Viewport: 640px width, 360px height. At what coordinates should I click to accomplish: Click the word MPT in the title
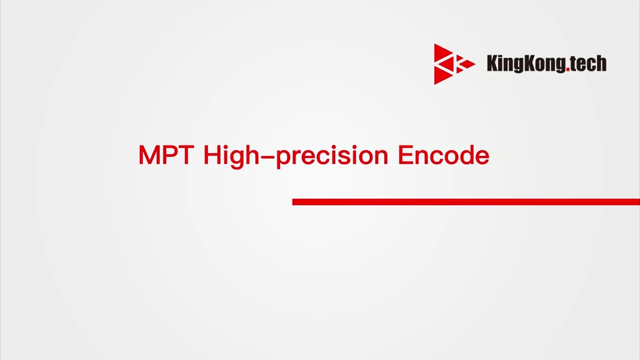166,155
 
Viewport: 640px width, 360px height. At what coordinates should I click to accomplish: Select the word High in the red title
231,156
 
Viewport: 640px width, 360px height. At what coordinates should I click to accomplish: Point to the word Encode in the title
444,155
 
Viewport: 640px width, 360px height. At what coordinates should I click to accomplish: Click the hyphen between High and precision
268,156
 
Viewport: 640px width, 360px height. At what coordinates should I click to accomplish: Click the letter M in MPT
149,155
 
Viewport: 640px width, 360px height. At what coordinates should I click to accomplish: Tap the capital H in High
211,155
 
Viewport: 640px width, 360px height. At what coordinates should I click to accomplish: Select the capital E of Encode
405,155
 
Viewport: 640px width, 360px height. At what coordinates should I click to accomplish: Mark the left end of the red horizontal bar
293,201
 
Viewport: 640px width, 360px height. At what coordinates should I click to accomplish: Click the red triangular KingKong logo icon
454,64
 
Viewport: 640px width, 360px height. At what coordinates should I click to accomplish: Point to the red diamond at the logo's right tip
468,64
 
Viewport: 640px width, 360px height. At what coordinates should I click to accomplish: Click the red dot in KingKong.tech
568,70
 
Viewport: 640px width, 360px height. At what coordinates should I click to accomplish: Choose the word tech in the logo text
588,63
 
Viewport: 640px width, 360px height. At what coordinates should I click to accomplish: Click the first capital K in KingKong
491,63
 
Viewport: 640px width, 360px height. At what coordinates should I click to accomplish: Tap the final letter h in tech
602,63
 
